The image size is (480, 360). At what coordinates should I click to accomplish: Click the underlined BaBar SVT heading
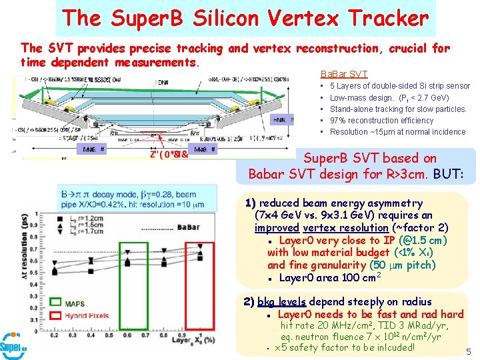pos(344,74)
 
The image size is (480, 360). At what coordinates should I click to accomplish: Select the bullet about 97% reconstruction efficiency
pos(381,121)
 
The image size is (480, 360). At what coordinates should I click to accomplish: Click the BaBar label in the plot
pos(189,227)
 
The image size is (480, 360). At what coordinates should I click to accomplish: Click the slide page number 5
pos(469,351)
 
